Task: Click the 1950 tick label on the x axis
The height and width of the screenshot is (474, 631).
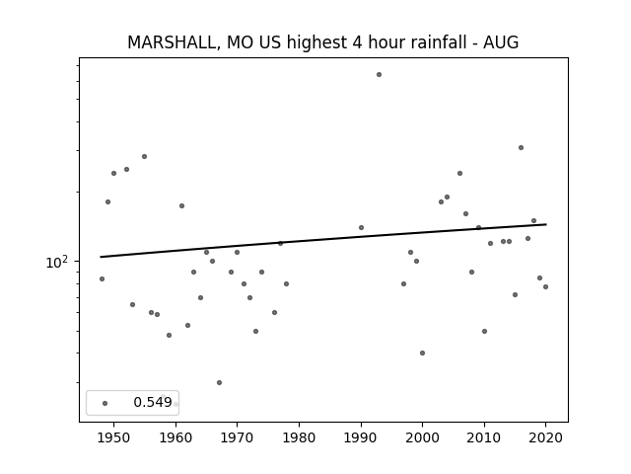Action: (114, 437)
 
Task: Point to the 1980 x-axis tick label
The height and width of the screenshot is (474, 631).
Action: (299, 437)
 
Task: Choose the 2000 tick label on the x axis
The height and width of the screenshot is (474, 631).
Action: (422, 437)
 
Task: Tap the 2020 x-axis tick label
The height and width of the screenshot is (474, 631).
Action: (545, 437)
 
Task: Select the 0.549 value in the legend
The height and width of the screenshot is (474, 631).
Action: (153, 402)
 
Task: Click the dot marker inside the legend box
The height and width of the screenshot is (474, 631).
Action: (105, 403)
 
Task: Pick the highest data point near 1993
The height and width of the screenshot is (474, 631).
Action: (379, 75)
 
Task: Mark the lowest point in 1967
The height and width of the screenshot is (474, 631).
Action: (219, 382)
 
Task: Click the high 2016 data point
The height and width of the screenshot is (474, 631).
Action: (522, 147)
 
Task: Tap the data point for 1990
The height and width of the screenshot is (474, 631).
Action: (362, 228)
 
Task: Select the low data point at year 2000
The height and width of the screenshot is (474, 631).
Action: (423, 354)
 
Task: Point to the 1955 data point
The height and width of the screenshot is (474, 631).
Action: (145, 156)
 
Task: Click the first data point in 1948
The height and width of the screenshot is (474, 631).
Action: (102, 278)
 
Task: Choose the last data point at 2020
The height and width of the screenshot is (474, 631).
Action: (545, 287)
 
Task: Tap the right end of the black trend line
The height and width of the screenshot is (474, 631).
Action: (546, 224)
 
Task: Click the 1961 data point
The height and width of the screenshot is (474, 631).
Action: (181, 206)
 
